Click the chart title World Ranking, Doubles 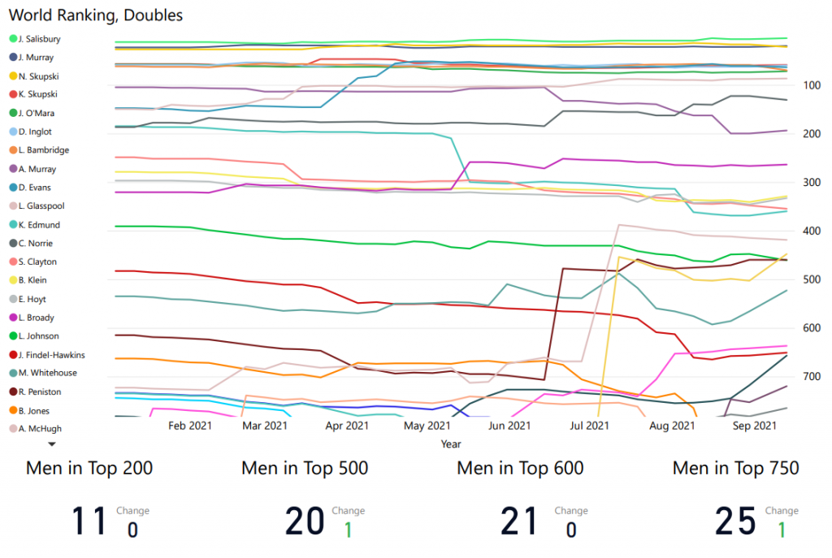(x=96, y=15)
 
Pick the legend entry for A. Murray (x=37, y=169)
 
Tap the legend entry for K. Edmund (x=38, y=225)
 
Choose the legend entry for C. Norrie (x=37, y=244)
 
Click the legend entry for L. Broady (x=37, y=318)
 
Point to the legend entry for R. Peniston (x=39, y=391)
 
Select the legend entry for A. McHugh (x=39, y=429)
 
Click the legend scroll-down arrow (x=51, y=444)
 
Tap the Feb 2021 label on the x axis (x=189, y=425)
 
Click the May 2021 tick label (x=427, y=425)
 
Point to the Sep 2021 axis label (x=754, y=425)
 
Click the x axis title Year (x=451, y=444)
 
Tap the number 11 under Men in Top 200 (x=89, y=521)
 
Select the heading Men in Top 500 (x=305, y=468)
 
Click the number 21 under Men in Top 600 (x=520, y=521)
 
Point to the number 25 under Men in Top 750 (x=735, y=521)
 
